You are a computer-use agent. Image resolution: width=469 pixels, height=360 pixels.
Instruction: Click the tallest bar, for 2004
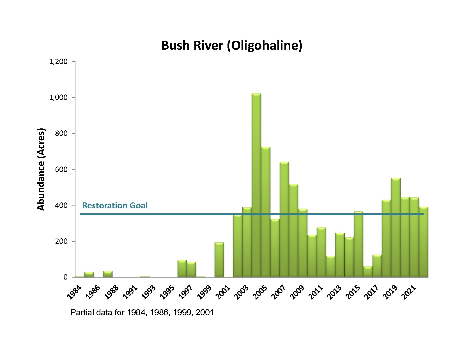256,185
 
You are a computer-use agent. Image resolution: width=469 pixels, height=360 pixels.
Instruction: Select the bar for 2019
396,227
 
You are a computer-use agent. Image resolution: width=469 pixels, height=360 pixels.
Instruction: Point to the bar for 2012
331,266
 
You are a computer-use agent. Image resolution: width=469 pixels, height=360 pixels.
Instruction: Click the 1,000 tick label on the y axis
59,98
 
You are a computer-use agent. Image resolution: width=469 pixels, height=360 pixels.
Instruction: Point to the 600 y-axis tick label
62,169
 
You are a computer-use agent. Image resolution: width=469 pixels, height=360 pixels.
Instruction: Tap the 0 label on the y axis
66,277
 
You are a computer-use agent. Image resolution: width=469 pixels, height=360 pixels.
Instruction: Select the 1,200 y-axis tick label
59,62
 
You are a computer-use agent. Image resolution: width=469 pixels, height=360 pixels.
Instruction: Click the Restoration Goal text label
115,206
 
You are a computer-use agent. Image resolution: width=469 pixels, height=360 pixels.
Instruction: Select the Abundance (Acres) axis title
41,169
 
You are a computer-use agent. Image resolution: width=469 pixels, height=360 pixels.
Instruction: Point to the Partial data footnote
142,312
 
